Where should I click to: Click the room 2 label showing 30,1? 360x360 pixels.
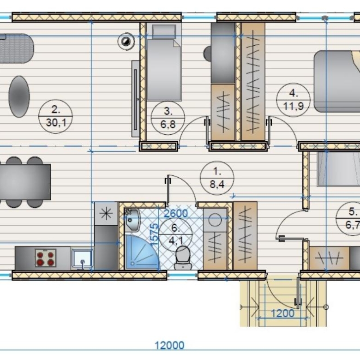coord(55,116)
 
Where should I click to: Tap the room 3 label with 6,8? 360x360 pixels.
coord(168,118)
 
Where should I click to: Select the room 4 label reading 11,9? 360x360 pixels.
coord(294,100)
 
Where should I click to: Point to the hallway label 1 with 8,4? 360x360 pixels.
coord(217,178)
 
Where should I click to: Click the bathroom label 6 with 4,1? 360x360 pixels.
coord(176,234)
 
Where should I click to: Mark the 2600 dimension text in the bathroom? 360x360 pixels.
coord(176,214)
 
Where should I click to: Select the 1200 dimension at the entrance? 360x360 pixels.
coord(282,313)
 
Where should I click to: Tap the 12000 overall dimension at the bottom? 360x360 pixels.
coord(169,345)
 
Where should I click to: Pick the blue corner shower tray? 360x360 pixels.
coord(142,252)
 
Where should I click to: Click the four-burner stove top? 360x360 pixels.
coord(45,258)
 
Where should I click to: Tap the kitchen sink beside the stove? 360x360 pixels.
coord(82,259)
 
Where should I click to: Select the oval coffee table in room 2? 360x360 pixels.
coord(19,96)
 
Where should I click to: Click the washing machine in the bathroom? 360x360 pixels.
coord(215,220)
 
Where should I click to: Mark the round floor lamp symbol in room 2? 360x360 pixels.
coord(126,42)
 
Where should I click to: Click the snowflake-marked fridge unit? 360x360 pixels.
coord(106,214)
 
